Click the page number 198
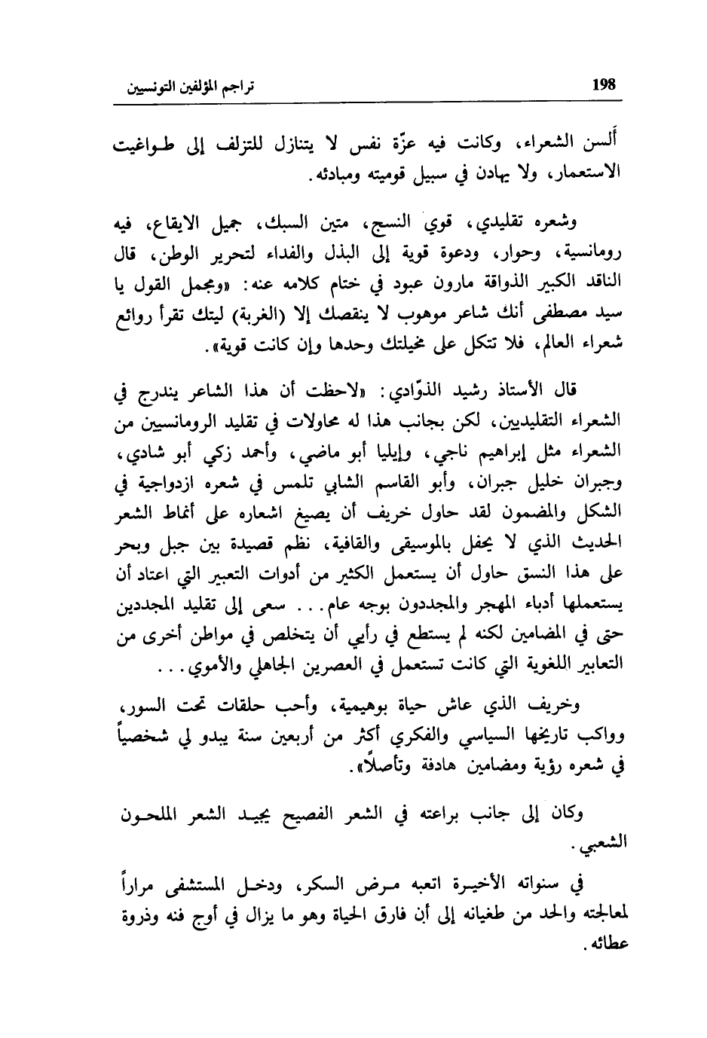coord(604,84)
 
